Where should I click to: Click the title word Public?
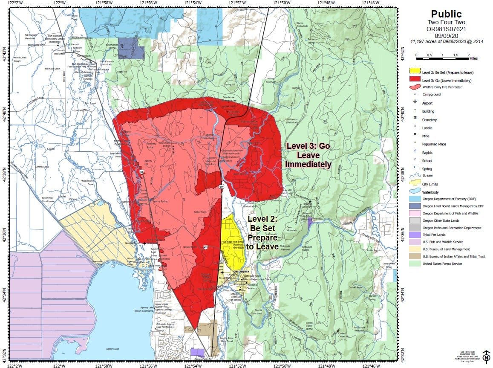point(446,14)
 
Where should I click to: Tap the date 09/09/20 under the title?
point(446,35)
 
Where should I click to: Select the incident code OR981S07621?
point(446,29)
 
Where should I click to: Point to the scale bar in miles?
point(442,55)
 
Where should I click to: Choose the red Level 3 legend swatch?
point(415,79)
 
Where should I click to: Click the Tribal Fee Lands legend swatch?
point(415,235)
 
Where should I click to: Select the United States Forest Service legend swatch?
point(415,264)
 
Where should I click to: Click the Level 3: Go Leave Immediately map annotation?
point(308,155)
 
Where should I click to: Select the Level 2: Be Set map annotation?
point(263,232)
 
